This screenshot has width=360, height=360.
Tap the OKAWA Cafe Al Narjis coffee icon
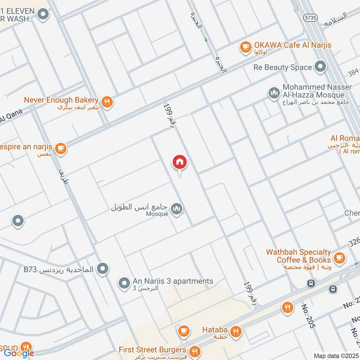[245, 46]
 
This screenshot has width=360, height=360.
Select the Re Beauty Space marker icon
[320, 67]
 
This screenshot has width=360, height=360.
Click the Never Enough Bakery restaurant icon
[107, 102]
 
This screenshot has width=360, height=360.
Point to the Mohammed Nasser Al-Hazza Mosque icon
[273, 93]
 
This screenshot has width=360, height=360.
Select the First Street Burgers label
[152, 350]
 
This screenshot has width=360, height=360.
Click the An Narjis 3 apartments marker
[124, 283]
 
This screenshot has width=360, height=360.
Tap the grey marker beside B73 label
[103, 269]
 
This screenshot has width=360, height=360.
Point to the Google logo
[19, 353]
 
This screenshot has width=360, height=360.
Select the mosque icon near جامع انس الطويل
[177, 209]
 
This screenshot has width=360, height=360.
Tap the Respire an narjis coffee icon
[61, 148]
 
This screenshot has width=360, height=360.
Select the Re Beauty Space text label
[283, 67]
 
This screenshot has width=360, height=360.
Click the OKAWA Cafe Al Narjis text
[292, 45]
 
